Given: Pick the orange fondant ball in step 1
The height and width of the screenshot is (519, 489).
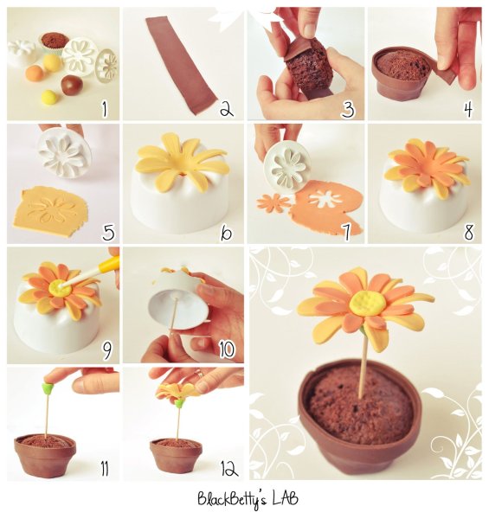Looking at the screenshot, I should (x=35, y=74).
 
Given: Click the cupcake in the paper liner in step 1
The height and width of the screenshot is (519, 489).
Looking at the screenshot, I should (x=55, y=41).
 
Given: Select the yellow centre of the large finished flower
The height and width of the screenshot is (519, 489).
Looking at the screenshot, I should (x=368, y=304).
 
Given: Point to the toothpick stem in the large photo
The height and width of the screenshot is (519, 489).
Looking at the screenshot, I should (x=364, y=363).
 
